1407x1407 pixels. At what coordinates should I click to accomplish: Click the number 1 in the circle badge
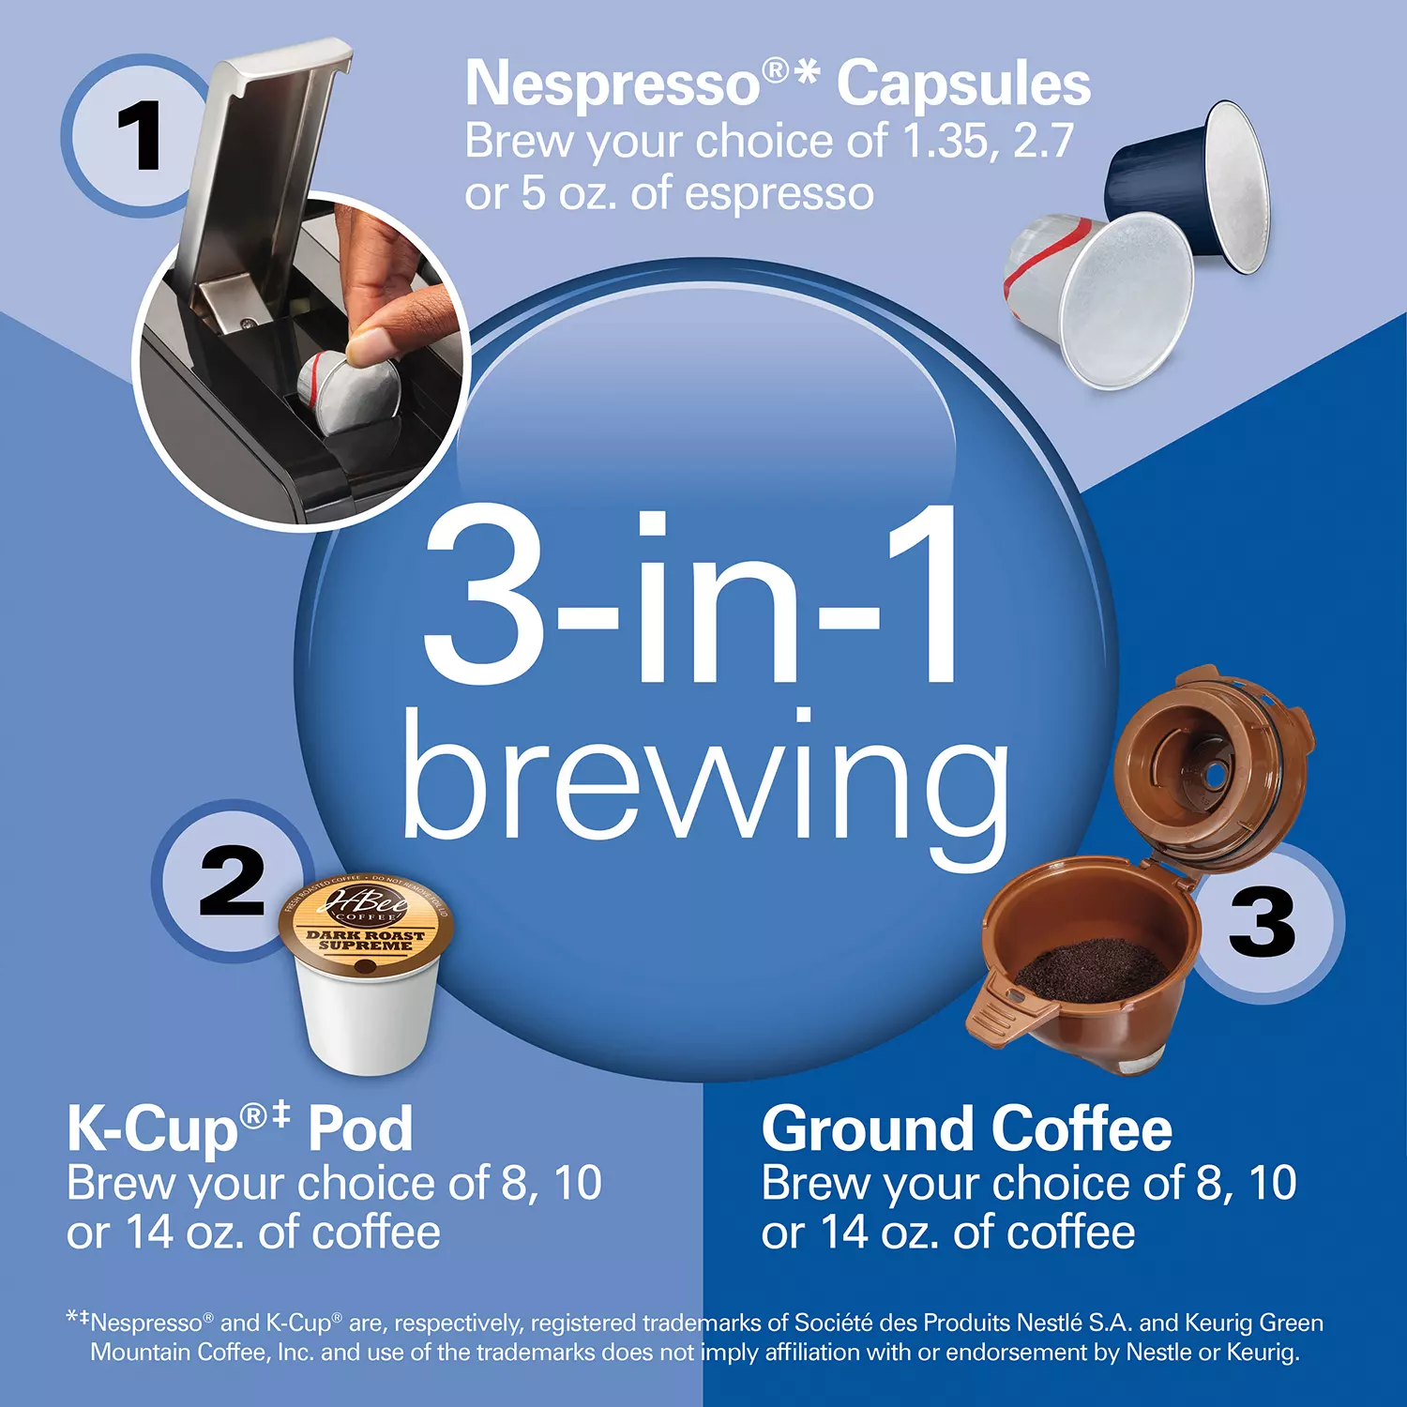[x=140, y=137]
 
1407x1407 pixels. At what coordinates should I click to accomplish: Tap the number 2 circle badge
[x=232, y=881]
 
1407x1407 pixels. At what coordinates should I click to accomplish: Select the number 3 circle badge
[x=1263, y=921]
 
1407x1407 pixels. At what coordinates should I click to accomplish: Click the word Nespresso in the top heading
[x=613, y=84]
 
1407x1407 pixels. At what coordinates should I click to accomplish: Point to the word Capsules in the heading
[x=963, y=84]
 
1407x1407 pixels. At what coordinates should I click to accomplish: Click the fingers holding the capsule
[x=394, y=310]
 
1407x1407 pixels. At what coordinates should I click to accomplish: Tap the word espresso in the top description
[x=779, y=194]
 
